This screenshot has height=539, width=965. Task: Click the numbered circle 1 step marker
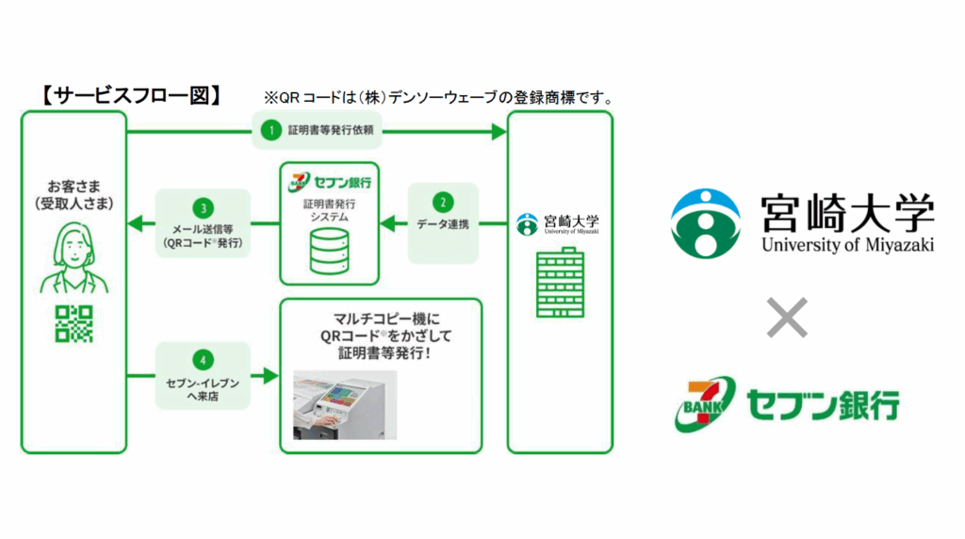click(271, 131)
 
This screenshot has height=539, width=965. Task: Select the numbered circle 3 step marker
click(203, 205)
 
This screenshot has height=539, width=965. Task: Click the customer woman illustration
click(74, 258)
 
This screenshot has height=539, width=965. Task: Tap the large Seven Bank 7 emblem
click(702, 403)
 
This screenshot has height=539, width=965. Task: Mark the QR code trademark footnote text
click(439, 97)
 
